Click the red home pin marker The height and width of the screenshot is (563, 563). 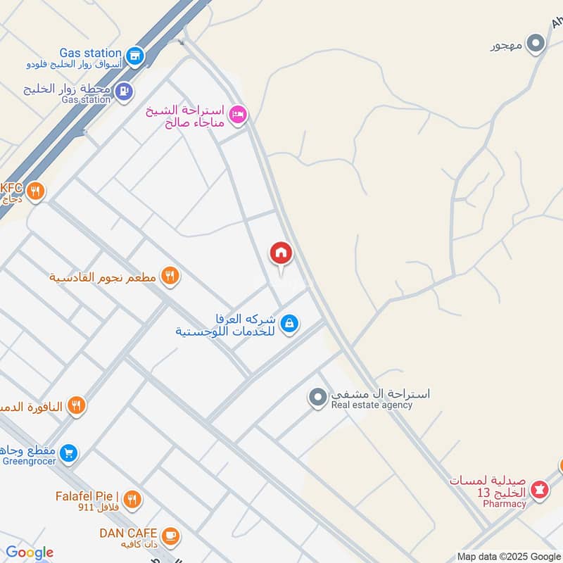pyautogui.click(x=280, y=253)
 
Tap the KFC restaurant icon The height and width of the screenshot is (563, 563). pyautogui.click(x=35, y=191)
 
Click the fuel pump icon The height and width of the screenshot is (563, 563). pyautogui.click(x=125, y=90)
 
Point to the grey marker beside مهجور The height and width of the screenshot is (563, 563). pyautogui.click(x=536, y=45)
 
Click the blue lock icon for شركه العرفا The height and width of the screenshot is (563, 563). pyautogui.click(x=289, y=324)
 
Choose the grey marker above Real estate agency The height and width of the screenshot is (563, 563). pyautogui.click(x=317, y=398)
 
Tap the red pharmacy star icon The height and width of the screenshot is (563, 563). pyautogui.click(x=540, y=488)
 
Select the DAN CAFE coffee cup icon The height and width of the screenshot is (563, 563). pyautogui.click(x=170, y=537)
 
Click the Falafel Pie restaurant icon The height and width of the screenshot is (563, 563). pyautogui.click(x=132, y=500)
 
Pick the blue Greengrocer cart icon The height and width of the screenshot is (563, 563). pyautogui.click(x=68, y=452)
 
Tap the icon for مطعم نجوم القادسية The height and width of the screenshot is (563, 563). pyautogui.click(x=170, y=277)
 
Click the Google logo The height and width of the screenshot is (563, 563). pyautogui.click(x=30, y=553)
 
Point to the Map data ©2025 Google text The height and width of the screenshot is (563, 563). pyautogui.click(x=507, y=556)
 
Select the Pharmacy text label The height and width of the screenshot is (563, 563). pyautogui.click(x=505, y=504)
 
